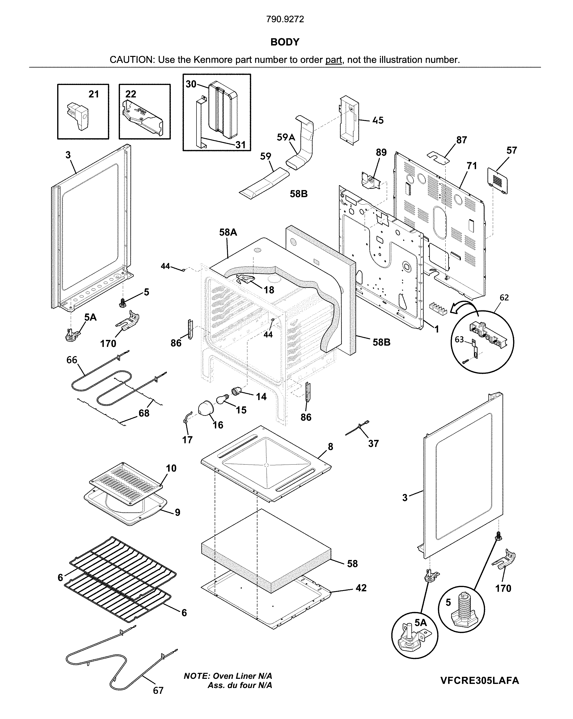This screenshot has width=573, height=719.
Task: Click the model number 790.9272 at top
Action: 285,19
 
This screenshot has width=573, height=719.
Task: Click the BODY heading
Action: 285,42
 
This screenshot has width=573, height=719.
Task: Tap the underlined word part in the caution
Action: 333,60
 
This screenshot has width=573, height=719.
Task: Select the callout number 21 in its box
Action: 94,94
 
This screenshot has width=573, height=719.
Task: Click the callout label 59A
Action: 286,137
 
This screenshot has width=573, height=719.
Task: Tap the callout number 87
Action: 462,140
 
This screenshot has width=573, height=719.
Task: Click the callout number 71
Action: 471,166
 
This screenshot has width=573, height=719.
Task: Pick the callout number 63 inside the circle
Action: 460,339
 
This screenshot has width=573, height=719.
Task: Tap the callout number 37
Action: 373,444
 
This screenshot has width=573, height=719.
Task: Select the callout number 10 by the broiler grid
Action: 171,468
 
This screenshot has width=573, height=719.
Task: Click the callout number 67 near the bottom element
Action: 158,691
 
